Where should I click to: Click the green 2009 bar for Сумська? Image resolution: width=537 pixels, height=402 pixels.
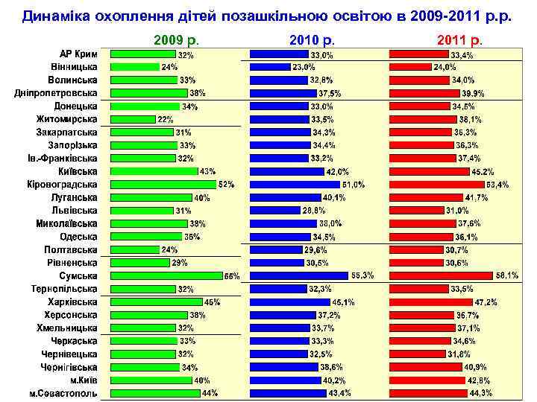[166, 275]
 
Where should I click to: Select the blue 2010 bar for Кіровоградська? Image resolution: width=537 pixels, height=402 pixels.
[295, 184]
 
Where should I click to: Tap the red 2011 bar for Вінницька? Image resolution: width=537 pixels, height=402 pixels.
[409, 67]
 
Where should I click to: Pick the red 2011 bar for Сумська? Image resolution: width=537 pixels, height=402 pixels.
[441, 275]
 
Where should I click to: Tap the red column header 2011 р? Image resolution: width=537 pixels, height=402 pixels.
[459, 39]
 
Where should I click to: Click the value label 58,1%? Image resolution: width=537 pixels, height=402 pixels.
[506, 275]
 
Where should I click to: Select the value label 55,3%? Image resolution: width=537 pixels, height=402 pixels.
[362, 275]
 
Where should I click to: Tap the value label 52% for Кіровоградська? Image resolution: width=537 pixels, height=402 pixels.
[226, 184]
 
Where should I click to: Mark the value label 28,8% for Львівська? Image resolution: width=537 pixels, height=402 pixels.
[313, 210]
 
